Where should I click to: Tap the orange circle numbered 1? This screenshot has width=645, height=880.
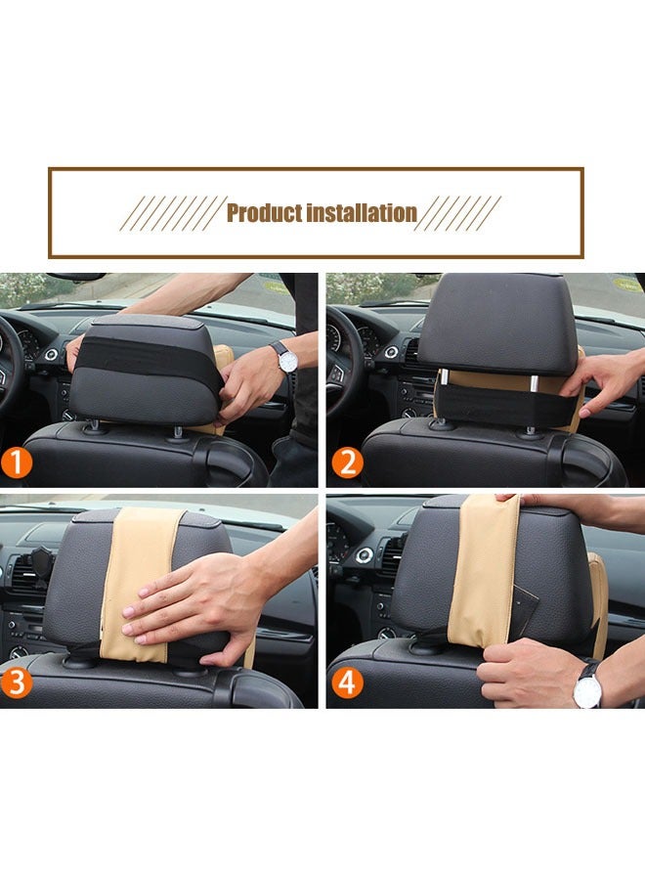point(16,463)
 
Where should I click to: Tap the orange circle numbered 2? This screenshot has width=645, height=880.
point(347,463)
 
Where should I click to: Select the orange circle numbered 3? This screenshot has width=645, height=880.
point(16,683)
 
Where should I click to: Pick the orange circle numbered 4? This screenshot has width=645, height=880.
point(347,683)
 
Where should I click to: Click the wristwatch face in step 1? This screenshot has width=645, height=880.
point(287,362)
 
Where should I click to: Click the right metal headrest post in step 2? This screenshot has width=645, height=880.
point(534,382)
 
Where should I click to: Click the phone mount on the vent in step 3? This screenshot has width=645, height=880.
point(40,564)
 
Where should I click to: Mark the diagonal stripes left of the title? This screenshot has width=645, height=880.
point(171,213)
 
